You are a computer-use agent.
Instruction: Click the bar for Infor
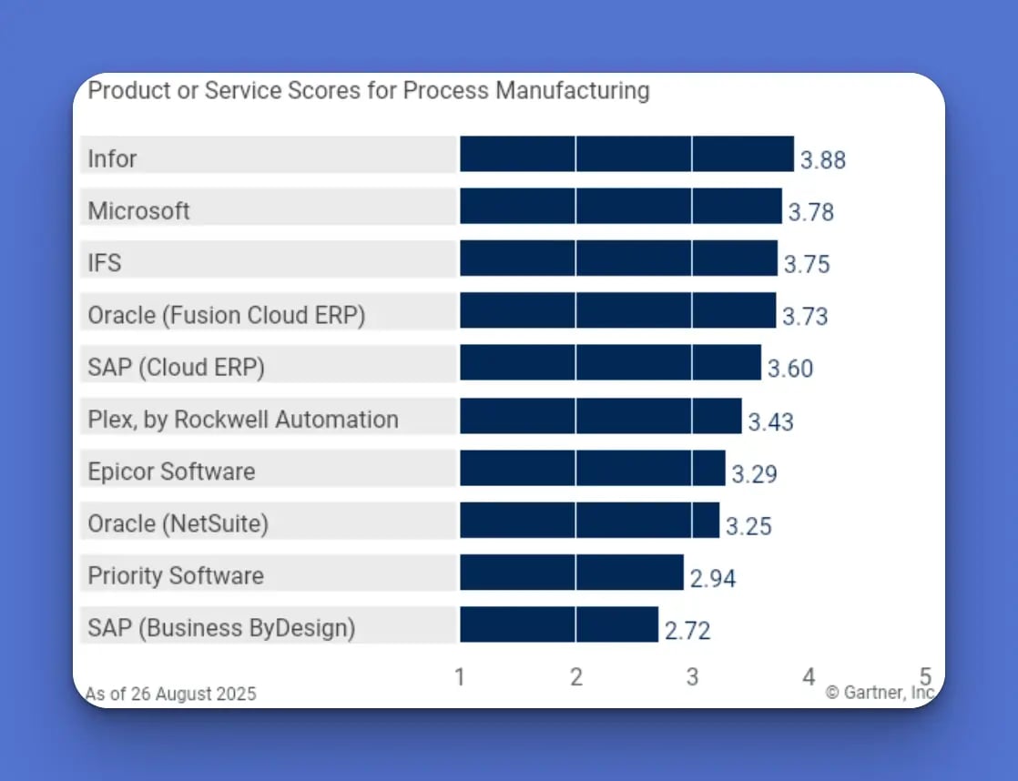click(626, 154)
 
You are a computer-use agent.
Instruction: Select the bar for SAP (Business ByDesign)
click(558, 624)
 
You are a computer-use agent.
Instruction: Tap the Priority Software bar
click(571, 573)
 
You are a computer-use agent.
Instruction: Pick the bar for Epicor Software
click(592, 468)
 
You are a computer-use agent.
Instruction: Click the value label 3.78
click(810, 213)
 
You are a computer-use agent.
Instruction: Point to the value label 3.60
click(789, 370)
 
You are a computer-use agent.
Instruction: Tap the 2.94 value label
click(712, 579)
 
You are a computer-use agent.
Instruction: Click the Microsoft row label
click(138, 211)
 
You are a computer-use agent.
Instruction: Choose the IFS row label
click(105, 263)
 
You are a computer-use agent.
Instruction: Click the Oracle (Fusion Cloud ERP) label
click(226, 316)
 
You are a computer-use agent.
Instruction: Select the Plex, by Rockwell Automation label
click(243, 420)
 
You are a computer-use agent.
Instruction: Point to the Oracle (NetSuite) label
click(178, 524)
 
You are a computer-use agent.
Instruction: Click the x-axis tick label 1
click(460, 677)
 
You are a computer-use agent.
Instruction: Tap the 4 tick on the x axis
click(809, 677)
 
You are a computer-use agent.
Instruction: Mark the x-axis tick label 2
click(575, 677)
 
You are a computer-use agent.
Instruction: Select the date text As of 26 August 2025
click(171, 694)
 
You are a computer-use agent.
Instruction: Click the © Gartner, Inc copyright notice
click(880, 693)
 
